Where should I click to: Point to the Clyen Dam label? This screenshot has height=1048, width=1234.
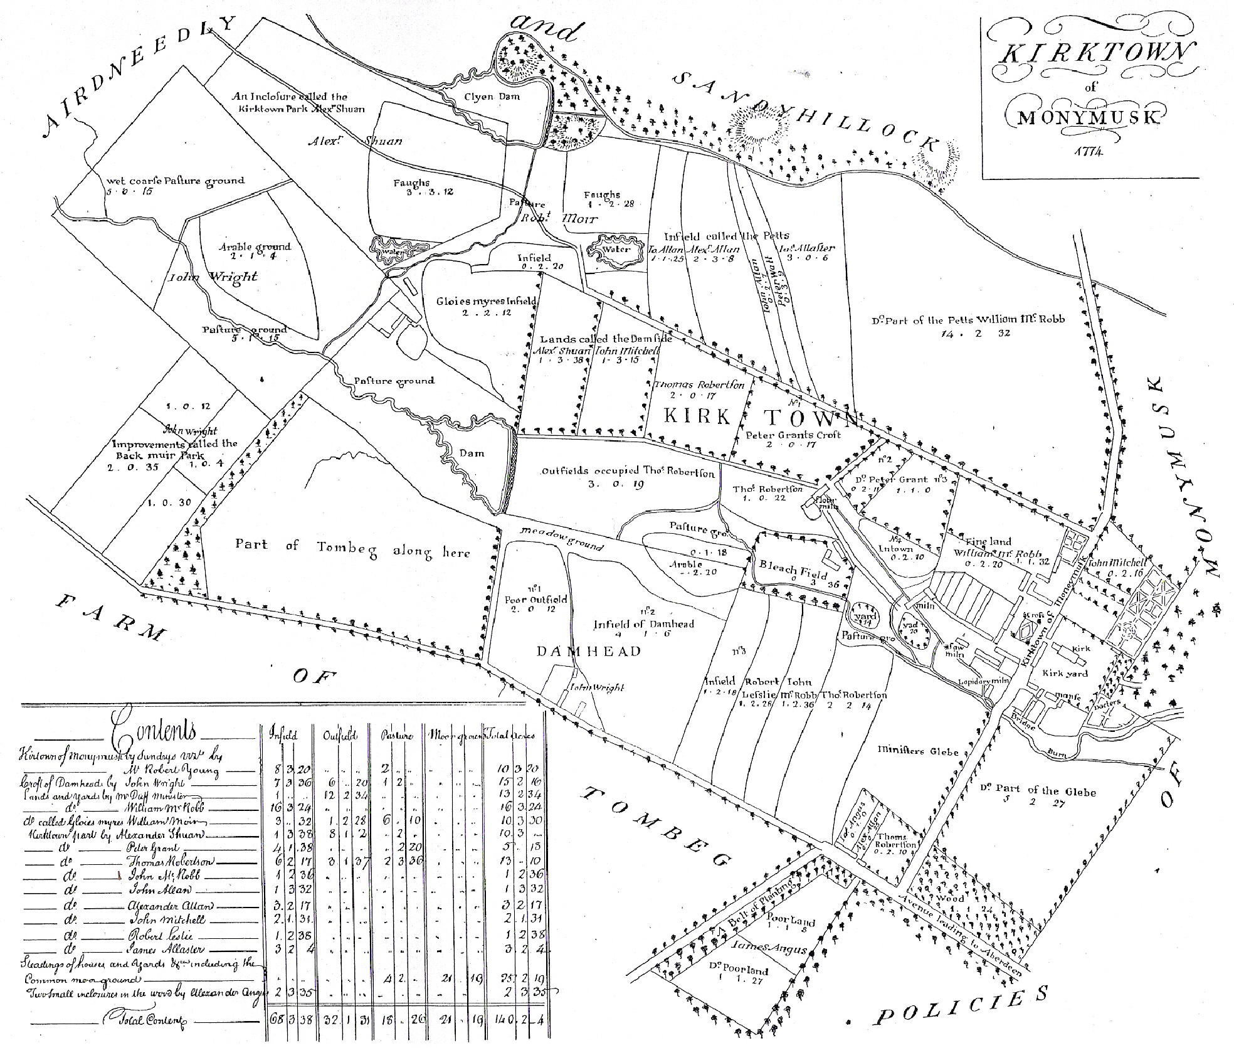point(491,97)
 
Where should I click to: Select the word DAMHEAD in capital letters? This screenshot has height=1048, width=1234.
point(589,651)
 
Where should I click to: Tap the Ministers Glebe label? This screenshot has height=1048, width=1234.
point(919,750)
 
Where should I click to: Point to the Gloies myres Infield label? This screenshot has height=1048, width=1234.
point(487,301)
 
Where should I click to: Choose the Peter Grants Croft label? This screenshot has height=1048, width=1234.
point(793,435)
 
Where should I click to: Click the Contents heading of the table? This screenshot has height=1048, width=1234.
point(154,731)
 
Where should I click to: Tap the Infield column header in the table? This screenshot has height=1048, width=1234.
point(283,734)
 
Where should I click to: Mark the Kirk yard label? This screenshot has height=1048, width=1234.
point(1065,674)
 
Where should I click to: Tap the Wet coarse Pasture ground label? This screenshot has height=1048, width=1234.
point(175,181)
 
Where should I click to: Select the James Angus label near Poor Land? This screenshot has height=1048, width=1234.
point(769,948)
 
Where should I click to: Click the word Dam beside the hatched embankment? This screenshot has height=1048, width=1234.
point(472,453)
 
